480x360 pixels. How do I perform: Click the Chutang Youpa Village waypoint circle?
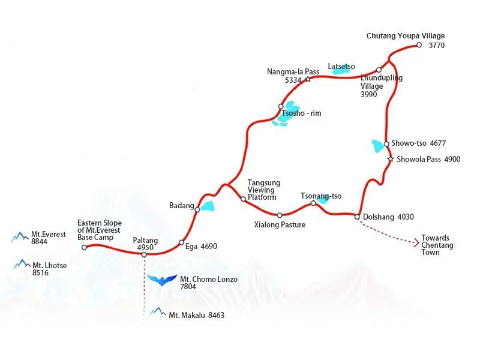tap(419, 45)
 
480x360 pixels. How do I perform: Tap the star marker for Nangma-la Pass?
tap(308, 79)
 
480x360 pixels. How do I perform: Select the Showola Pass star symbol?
tap(391, 159)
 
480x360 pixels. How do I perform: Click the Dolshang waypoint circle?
tap(358, 217)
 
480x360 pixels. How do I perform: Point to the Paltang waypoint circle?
tap(144, 255)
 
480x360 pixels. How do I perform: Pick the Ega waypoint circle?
tap(181, 243)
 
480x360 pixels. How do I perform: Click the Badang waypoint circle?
tap(197, 209)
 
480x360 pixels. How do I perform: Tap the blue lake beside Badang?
tap(208, 206)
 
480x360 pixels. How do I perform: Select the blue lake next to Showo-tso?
tap(378, 146)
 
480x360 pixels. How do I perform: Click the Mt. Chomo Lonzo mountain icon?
tap(162, 280)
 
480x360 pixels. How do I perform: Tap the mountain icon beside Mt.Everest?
tap(20, 238)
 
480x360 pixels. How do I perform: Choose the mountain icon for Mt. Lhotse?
tap(22, 264)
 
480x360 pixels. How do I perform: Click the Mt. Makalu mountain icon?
tap(158, 312)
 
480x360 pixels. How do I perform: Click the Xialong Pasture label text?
tap(280, 225)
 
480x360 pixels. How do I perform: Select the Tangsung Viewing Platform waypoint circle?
tap(243, 199)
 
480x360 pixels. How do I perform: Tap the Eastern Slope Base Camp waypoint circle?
tap(84, 247)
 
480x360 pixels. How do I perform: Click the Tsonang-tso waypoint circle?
tap(313, 203)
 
